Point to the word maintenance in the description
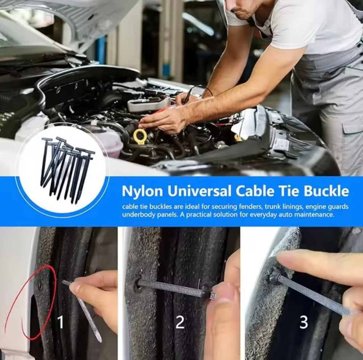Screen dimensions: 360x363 pos(315,215)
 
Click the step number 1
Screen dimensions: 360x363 pos(60,322)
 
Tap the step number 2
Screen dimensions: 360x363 pos(180,322)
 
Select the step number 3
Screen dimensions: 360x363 pos(303,322)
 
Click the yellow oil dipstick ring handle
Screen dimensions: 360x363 pos(140,137)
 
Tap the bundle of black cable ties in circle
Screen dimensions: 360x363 pos(65,169)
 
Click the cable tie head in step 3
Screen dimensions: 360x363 pos(275,277)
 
